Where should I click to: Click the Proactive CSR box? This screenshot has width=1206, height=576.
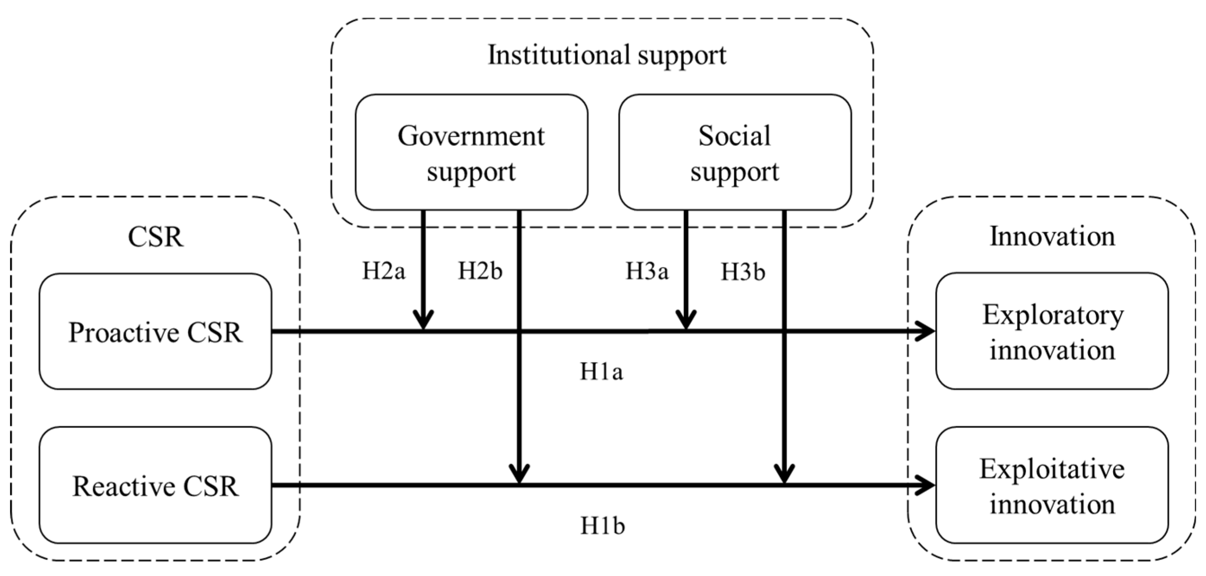click(155, 331)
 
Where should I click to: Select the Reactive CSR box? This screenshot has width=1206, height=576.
click(155, 485)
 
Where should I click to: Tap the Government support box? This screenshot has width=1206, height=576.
click(471, 152)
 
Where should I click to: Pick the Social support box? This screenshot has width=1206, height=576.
click(734, 152)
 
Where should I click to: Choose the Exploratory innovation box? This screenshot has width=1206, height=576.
click(1051, 331)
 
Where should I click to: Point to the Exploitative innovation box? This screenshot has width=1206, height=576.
click(1051, 485)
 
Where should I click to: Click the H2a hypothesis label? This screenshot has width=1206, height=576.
click(383, 271)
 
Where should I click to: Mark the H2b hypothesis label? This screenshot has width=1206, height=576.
click(480, 271)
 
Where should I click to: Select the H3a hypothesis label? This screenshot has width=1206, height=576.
click(647, 271)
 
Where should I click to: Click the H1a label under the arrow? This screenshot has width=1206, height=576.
click(601, 372)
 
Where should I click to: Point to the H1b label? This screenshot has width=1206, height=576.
click(602, 526)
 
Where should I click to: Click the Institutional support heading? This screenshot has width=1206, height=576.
click(607, 55)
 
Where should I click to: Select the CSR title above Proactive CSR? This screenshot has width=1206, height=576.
click(155, 237)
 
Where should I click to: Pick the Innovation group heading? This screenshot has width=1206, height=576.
click(1052, 236)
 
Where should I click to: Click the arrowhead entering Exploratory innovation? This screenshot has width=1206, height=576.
click(926, 331)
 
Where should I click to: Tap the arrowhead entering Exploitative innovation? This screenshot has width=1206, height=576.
click(926, 485)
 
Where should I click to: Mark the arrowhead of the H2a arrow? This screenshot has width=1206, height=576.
click(423, 321)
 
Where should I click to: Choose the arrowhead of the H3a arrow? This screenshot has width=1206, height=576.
click(686, 321)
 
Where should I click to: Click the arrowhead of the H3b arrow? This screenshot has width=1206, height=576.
click(784, 474)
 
